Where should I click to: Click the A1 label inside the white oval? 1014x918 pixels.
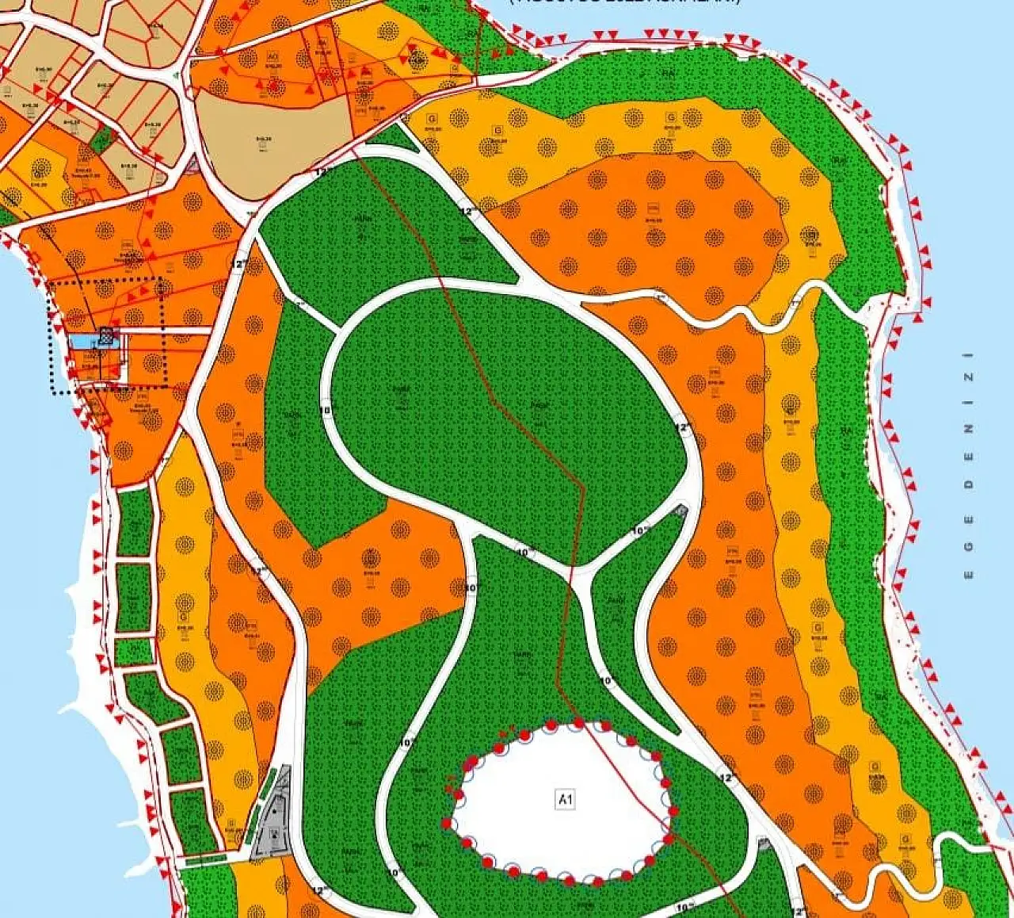click(565, 800)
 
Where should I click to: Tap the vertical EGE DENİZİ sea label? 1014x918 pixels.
click(968, 476)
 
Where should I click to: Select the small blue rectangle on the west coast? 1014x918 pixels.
click(82, 342)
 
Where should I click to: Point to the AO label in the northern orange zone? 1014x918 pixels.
click(273, 57)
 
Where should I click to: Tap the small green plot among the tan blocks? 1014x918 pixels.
click(101, 141)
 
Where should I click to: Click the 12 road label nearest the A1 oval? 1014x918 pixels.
click(726, 778)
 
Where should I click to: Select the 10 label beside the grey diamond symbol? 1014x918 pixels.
click(640, 530)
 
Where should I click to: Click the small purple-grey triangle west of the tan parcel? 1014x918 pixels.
click(192, 165)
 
